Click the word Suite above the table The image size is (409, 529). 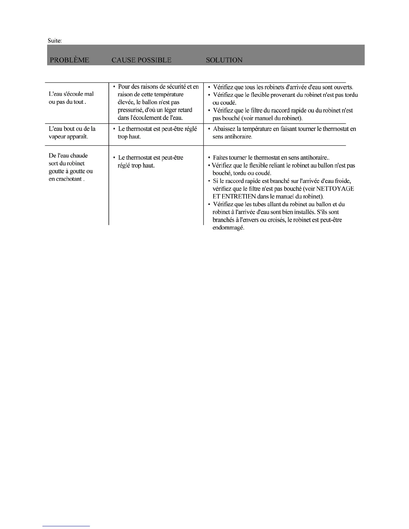(x=54, y=41)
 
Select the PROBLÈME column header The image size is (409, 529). (x=70, y=60)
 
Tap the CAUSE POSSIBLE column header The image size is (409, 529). (x=141, y=60)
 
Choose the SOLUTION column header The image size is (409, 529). (x=224, y=60)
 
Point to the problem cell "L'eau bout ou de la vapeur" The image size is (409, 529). (x=72, y=133)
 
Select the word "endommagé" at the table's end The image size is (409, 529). (x=228, y=228)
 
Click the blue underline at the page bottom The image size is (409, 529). (x=66, y=526)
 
